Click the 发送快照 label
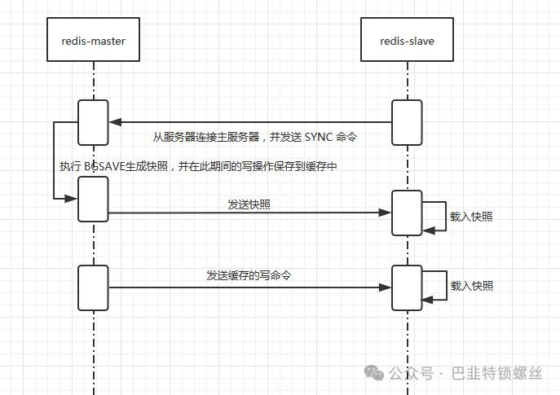coord(249,204)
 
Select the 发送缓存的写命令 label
coord(249,275)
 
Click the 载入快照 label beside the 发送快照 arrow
coord(471,217)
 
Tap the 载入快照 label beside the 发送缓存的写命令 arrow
coord(472,286)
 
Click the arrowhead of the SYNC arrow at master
coord(115,122)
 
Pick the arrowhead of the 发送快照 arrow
coord(385,213)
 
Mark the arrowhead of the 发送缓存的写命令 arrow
coord(385,287)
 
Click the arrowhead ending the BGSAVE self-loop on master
coord(71,199)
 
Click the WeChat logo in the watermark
coord(374,373)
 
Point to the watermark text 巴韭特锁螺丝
coord(497,374)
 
